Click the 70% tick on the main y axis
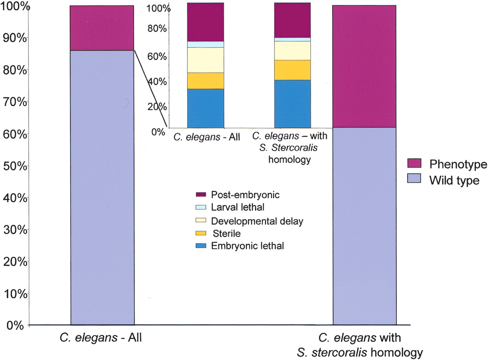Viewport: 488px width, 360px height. [29, 101]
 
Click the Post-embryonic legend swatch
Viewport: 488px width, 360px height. [201, 195]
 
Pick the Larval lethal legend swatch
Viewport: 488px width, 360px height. [201, 207]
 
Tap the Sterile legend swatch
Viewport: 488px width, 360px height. [201, 233]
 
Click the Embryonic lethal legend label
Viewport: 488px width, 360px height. [247, 246]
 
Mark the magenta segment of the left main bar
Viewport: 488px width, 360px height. [102, 28]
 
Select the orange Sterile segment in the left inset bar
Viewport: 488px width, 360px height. [205, 80]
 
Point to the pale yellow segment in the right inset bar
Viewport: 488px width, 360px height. [292, 50]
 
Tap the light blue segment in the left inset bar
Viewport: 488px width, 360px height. [205, 44]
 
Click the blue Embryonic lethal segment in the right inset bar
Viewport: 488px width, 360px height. [292, 104]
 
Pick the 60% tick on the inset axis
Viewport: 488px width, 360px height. [169, 56]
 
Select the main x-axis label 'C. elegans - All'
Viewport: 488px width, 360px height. [101, 338]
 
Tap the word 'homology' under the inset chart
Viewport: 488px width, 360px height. [289, 159]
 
